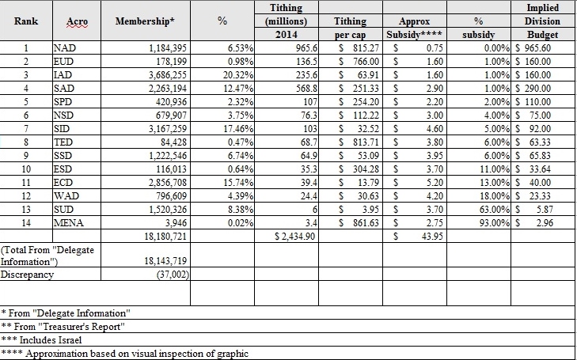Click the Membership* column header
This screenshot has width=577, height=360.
click(145, 21)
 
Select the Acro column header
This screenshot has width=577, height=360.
click(77, 22)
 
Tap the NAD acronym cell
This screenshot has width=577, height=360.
click(64, 47)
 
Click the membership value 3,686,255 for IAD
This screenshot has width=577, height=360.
click(168, 75)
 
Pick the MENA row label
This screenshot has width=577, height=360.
click(68, 223)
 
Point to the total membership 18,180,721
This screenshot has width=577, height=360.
click(165, 236)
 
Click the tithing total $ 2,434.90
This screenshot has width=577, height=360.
click(294, 236)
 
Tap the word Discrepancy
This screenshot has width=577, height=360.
click(27, 275)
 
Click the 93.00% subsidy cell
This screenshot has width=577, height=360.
click(494, 223)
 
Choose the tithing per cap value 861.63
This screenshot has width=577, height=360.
click(366, 223)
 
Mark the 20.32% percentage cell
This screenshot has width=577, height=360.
click(238, 75)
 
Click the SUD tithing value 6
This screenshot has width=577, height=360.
click(315, 209)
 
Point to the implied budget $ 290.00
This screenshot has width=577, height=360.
click(533, 89)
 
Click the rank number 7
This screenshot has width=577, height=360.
click(26, 129)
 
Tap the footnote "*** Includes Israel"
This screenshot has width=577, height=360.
click(41, 339)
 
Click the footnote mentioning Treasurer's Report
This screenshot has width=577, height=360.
click(63, 327)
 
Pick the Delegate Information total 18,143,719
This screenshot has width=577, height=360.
click(165, 261)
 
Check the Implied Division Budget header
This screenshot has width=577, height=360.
click(542, 21)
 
